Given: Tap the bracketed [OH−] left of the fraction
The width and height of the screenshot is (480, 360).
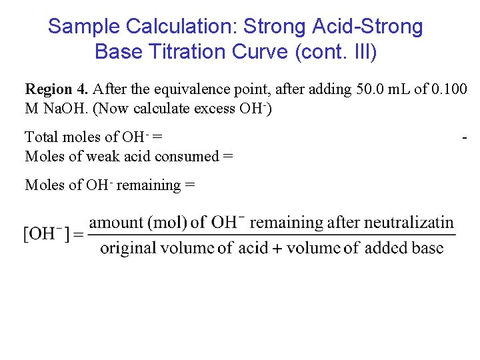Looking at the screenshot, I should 45,234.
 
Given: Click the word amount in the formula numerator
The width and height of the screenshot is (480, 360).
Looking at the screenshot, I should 117,223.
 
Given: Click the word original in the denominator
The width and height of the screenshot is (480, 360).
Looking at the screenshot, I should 127,248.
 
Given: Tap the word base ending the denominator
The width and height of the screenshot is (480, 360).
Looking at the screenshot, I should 426,248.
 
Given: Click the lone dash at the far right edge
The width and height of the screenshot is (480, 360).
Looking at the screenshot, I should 464,137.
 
